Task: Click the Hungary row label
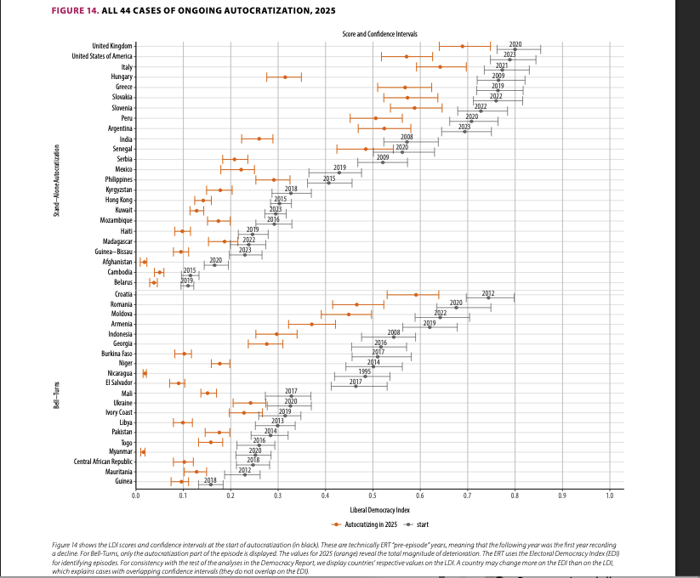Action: pos(117,76)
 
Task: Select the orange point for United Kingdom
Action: pos(463,46)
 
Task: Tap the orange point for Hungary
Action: pos(285,76)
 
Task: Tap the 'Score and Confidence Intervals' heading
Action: pos(373,34)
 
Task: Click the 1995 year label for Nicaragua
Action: pos(364,371)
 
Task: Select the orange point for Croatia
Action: pos(416,294)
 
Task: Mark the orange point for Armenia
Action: pos(311,324)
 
